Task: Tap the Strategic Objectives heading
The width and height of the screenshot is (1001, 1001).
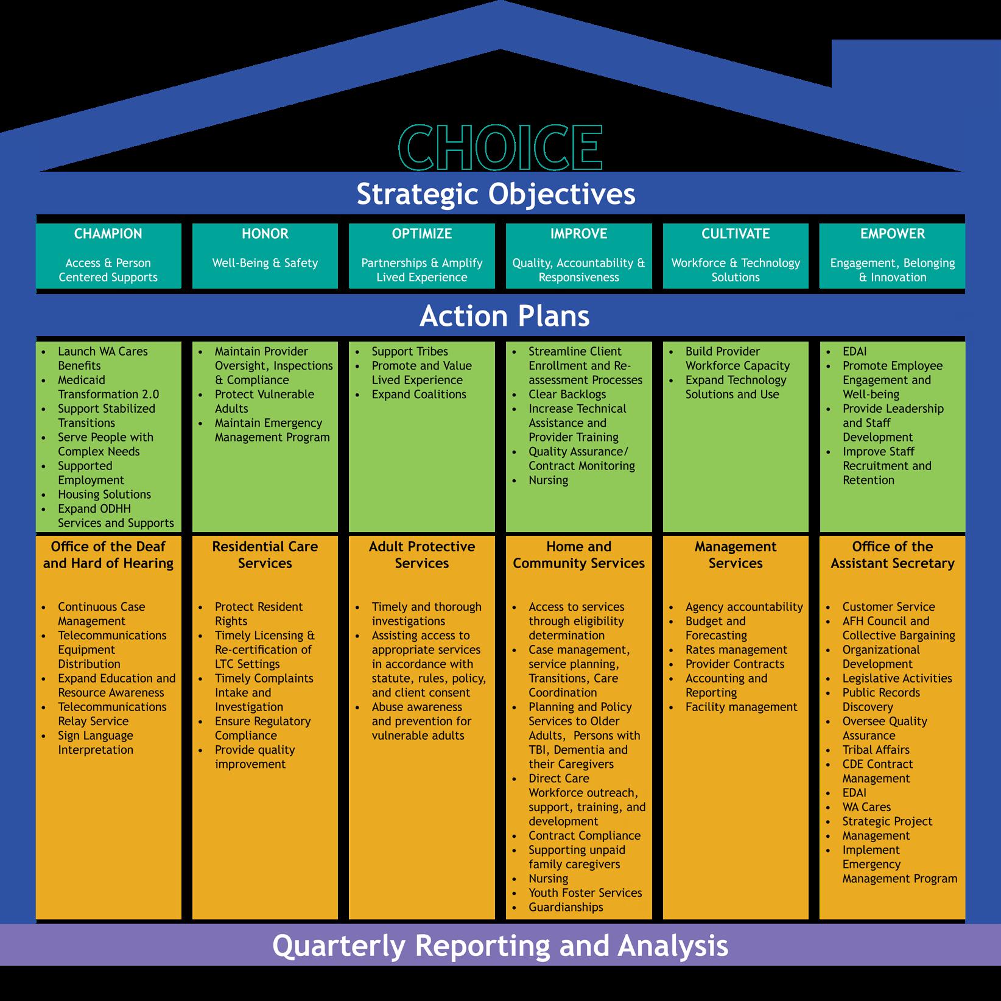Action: pyautogui.click(x=496, y=194)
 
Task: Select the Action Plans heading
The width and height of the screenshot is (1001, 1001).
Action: pyautogui.click(x=504, y=316)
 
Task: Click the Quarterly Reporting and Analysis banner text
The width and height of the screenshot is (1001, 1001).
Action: pyautogui.click(x=500, y=946)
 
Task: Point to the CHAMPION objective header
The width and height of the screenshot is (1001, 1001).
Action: pyautogui.click(x=108, y=234)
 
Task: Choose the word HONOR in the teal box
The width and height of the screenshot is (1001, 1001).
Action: pyautogui.click(x=265, y=234)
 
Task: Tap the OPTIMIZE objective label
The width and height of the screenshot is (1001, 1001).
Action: pyautogui.click(x=421, y=234)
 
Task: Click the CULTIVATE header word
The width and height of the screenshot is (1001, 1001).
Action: pyautogui.click(x=736, y=234)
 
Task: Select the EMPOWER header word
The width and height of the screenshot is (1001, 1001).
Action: pyautogui.click(x=892, y=234)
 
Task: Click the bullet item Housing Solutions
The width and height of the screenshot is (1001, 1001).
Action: pyautogui.click(x=104, y=494)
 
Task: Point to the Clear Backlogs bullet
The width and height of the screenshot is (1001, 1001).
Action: pyautogui.click(x=567, y=394)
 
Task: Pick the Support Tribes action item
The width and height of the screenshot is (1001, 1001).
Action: pyautogui.click(x=409, y=351)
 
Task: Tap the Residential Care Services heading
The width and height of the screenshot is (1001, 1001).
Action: pyautogui.click(x=265, y=555)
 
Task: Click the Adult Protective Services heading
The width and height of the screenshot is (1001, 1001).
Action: pyautogui.click(x=421, y=555)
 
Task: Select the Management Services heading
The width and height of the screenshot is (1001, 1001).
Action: pyautogui.click(x=736, y=555)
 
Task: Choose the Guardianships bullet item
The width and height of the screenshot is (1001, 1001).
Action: pyautogui.click(x=566, y=907)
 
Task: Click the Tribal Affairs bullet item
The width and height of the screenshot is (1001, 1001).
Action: pyautogui.click(x=876, y=750)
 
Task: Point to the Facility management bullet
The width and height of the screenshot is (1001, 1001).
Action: pyautogui.click(x=741, y=707)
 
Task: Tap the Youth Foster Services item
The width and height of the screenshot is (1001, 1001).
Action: pyautogui.click(x=585, y=893)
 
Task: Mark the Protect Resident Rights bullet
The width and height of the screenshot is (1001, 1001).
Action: pyautogui.click(x=258, y=614)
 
